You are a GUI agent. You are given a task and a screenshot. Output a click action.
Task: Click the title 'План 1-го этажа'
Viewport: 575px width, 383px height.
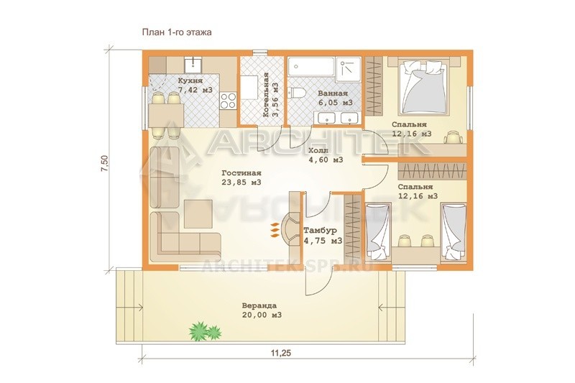point(177,32)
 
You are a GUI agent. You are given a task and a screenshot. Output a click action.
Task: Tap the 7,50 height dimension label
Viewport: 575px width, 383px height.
point(105,163)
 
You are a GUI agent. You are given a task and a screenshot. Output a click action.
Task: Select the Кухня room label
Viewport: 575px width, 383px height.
point(190,80)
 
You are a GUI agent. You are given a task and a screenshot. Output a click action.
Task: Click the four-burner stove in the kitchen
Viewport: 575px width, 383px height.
point(228,101)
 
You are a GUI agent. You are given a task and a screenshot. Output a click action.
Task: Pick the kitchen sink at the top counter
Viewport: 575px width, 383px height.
point(193,65)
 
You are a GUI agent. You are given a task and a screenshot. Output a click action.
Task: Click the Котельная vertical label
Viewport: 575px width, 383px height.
point(266,95)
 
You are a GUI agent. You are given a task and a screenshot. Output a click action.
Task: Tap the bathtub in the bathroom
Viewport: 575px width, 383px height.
point(312,67)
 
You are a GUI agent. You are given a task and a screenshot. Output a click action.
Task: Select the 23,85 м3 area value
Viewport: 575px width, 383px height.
point(241,182)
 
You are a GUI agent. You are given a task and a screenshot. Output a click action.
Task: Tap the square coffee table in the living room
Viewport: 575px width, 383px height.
point(198,213)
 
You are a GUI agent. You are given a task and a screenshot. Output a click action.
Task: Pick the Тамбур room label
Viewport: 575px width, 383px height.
point(320,231)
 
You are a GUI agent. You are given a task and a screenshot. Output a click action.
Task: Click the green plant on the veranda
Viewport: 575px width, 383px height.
point(205,331)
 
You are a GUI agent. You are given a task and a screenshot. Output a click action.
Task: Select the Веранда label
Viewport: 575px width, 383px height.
point(259,305)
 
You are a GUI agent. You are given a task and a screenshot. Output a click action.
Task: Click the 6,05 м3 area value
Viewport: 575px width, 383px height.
point(335,103)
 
